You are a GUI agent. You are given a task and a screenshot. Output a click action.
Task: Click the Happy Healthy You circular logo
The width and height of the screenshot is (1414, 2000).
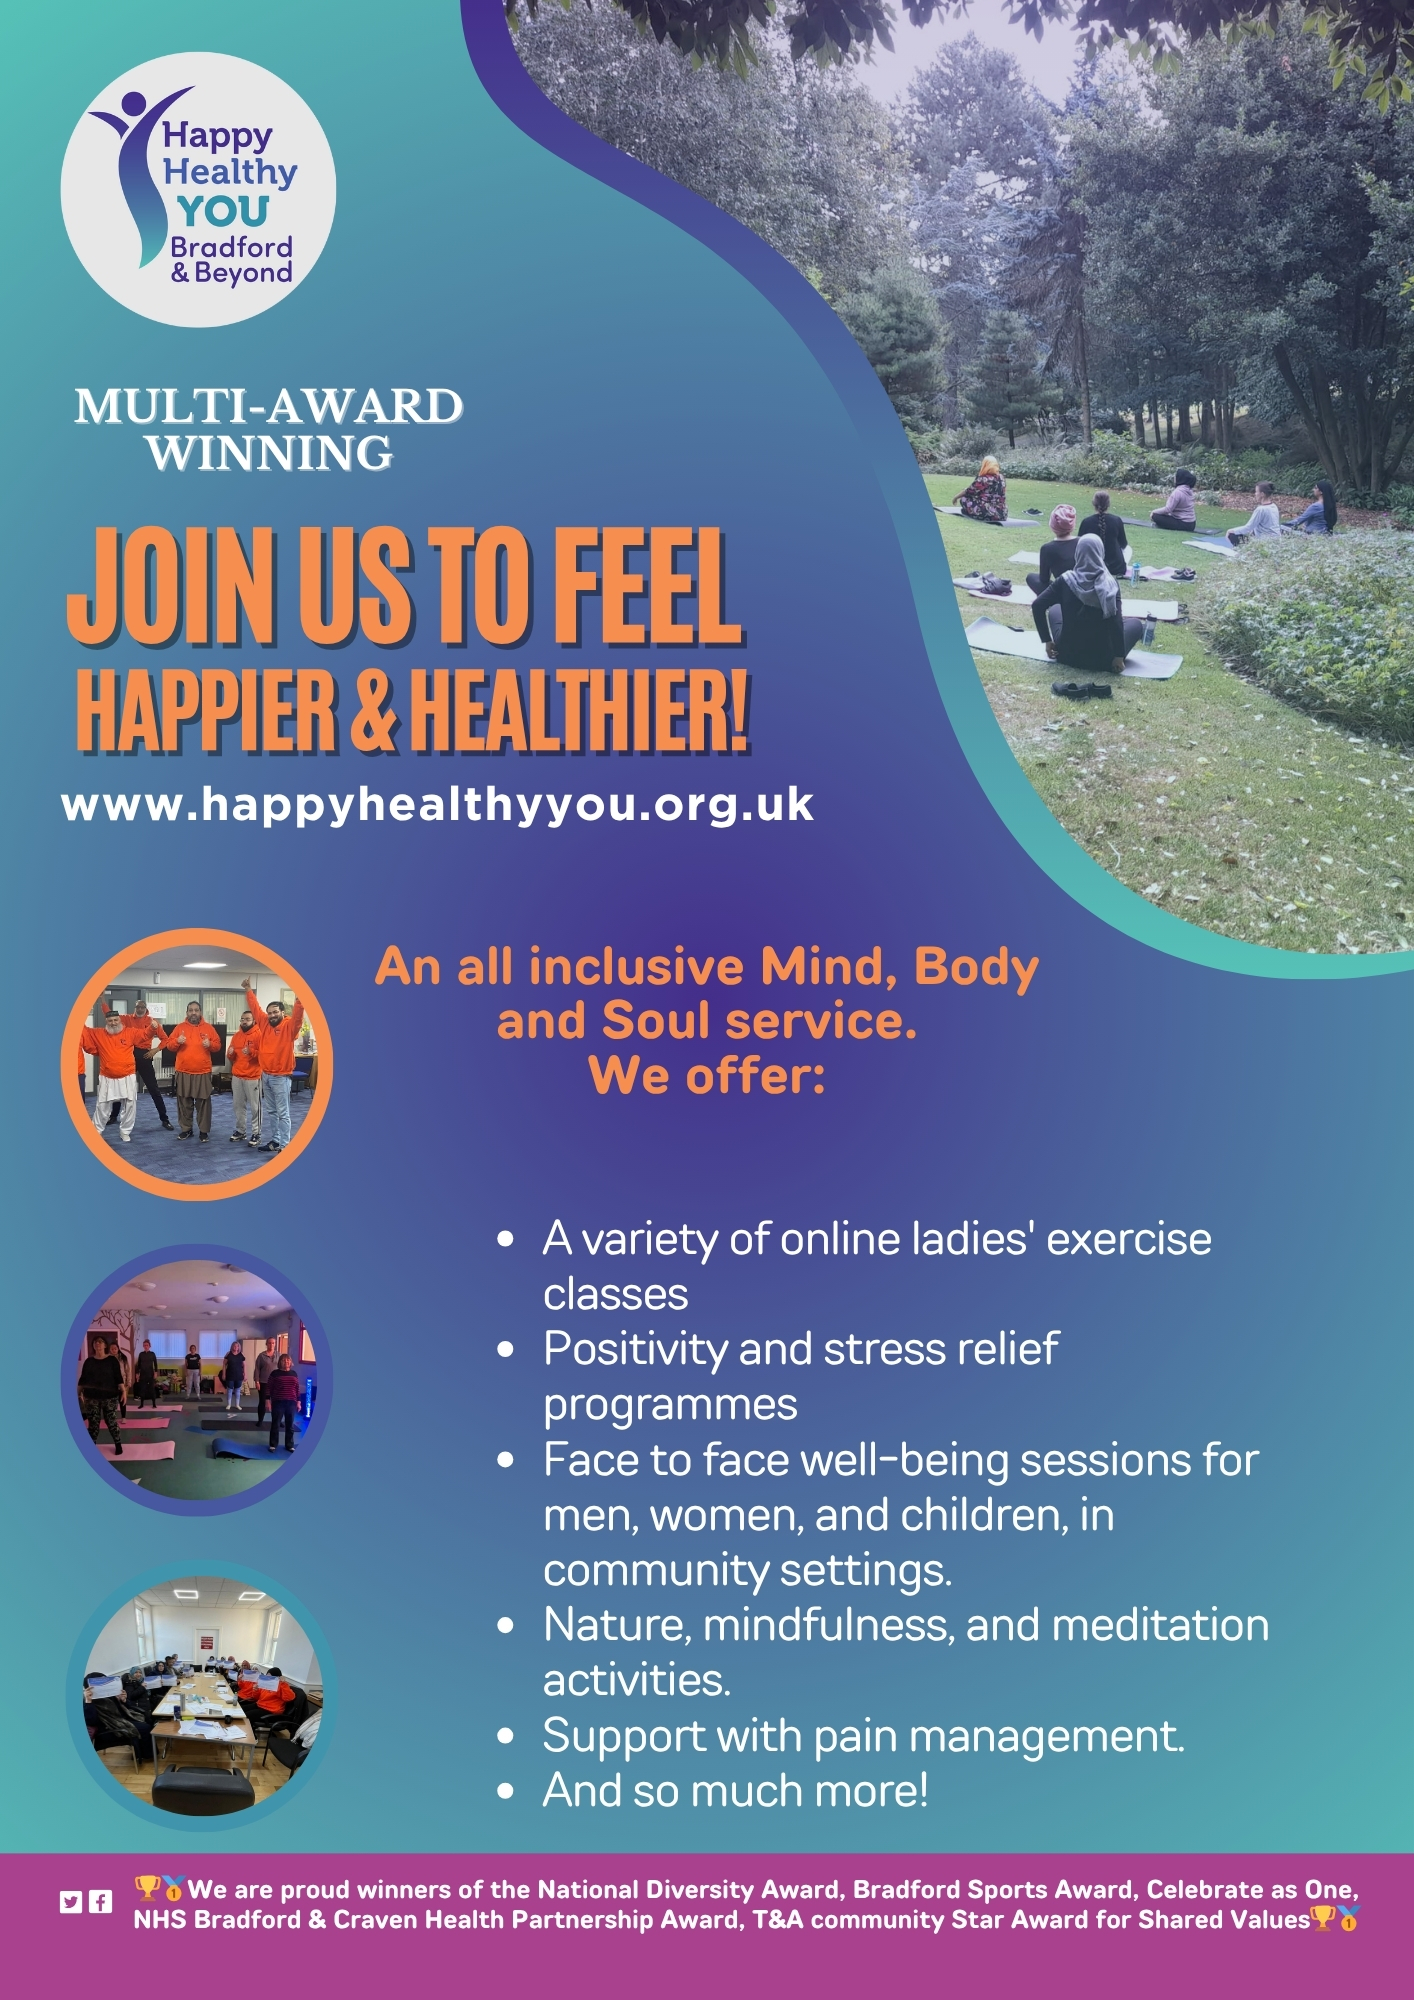pos(198,190)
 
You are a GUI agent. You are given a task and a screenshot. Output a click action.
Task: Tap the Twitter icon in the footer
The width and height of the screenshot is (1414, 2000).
pos(70,1902)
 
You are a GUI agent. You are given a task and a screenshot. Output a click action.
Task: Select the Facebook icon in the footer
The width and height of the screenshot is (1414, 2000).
pos(100,1902)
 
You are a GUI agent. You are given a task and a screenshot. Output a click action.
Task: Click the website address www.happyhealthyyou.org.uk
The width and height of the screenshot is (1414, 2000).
pos(437,806)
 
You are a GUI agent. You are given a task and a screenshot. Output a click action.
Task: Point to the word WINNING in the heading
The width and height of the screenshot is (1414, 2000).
pos(270,453)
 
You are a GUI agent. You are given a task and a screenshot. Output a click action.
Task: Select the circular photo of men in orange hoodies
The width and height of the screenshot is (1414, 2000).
pos(197,1064)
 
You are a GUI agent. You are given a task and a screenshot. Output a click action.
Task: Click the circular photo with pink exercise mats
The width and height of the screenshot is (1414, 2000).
pos(197,1380)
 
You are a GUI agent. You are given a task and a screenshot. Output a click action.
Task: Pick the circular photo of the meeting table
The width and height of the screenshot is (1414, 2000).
pos(201,1696)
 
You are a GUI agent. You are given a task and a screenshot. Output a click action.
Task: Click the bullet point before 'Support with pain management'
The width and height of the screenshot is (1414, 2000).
pos(506,1736)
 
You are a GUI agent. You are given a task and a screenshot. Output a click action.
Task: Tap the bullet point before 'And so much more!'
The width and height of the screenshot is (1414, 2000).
pos(506,1791)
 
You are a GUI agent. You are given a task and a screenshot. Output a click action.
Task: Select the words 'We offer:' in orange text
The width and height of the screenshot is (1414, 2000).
pos(707,1076)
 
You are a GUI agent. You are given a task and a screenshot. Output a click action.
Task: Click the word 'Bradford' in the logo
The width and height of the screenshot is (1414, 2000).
pos(231,247)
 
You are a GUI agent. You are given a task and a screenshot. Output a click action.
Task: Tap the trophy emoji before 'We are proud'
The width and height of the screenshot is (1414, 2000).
pos(147,1887)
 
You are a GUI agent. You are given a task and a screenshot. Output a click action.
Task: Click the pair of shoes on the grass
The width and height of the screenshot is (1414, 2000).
pos(1081,689)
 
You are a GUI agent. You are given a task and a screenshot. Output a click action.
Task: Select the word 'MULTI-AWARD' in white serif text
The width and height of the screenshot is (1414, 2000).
pos(269,406)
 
